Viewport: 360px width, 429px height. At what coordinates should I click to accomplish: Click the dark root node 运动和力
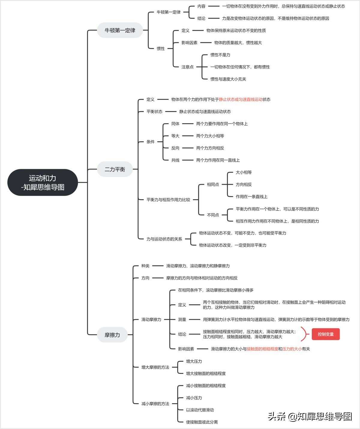pos(43,182)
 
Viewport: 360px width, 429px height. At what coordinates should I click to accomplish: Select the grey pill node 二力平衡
pos(115,169)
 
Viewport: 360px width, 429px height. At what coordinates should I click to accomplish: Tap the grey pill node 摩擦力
pos(112,335)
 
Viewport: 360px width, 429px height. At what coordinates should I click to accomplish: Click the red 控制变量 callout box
pos(326,334)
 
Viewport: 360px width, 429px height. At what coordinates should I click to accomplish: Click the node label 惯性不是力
pos(220,55)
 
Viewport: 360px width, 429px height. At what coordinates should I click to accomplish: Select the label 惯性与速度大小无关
pos(228,79)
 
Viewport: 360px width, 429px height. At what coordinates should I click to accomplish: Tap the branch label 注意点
pos(187,67)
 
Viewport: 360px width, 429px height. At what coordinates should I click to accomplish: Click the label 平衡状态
pos(154,112)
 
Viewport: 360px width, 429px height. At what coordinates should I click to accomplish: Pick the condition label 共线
pos(175,160)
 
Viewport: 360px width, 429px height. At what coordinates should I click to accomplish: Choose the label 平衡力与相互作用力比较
pos(168,200)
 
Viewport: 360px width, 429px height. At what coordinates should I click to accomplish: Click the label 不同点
pos(213,215)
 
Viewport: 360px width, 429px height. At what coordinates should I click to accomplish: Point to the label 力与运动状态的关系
pos(164,239)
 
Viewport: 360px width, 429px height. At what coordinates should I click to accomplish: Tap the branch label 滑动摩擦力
pos(151,320)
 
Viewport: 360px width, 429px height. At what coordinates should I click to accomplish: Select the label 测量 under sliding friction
pos(182,320)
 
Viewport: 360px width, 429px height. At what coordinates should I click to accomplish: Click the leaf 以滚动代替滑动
pos(200,410)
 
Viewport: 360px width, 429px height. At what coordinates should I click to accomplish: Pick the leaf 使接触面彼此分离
pos(202,422)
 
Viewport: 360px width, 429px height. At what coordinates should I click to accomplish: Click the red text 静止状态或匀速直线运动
pos(241,100)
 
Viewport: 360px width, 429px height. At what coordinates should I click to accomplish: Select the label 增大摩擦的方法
pos(155,367)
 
